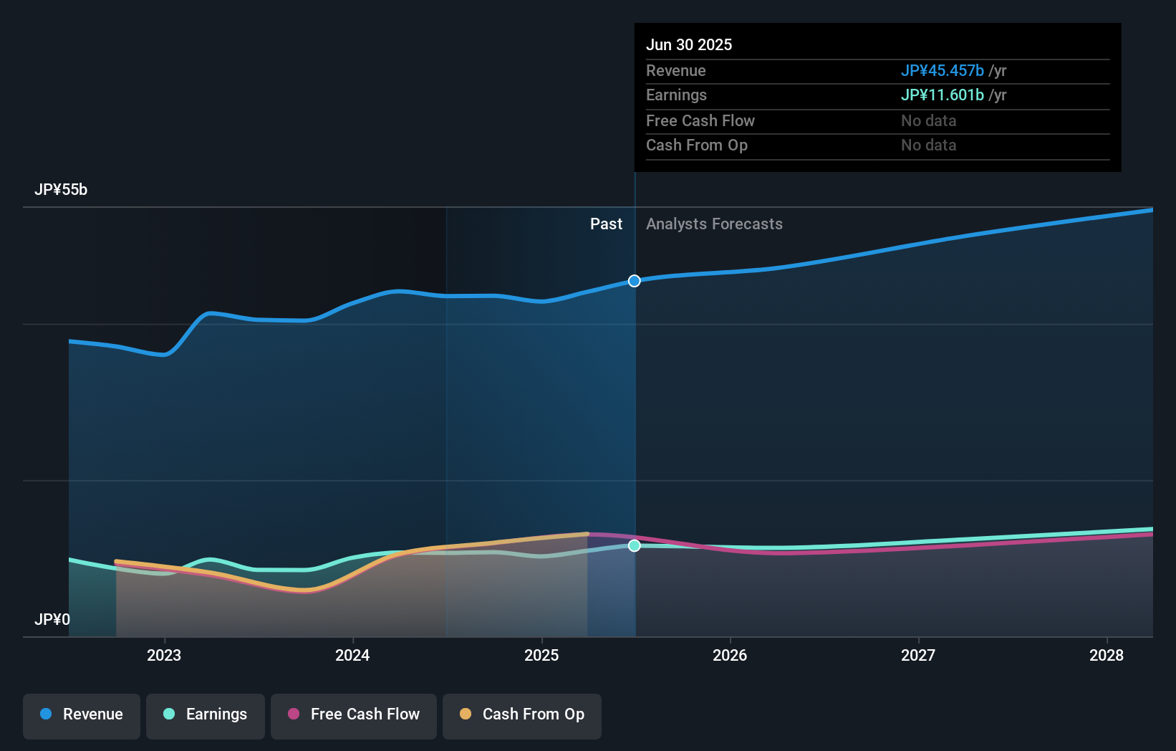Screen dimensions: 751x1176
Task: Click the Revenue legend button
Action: click(82, 714)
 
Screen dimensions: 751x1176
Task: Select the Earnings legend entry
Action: click(206, 714)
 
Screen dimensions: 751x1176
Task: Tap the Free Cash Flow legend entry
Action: click(354, 714)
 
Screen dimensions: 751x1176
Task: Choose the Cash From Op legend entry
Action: click(522, 714)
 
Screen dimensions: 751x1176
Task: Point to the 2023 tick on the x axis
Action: click(164, 655)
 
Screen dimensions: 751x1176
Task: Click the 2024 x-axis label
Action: click(352, 655)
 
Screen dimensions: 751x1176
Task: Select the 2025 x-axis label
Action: click(541, 655)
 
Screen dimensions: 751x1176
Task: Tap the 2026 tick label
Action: click(730, 655)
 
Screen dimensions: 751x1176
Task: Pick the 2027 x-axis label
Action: click(918, 655)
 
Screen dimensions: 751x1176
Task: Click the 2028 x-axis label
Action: click(1107, 655)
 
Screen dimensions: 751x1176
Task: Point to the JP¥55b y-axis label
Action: click(61, 190)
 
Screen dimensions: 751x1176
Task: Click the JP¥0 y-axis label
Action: click(52, 619)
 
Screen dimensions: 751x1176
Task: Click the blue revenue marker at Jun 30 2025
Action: click(635, 281)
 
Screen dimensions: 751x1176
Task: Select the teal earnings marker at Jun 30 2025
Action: click(635, 546)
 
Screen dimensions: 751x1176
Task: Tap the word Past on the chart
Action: click(606, 224)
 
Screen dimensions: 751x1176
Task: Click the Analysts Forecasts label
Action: click(714, 224)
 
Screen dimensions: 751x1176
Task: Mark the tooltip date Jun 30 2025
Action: click(689, 44)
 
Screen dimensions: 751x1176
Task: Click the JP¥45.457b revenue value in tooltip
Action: click(942, 70)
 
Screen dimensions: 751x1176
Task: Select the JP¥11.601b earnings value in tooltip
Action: click(942, 95)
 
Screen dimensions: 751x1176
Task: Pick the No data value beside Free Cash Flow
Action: click(928, 120)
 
